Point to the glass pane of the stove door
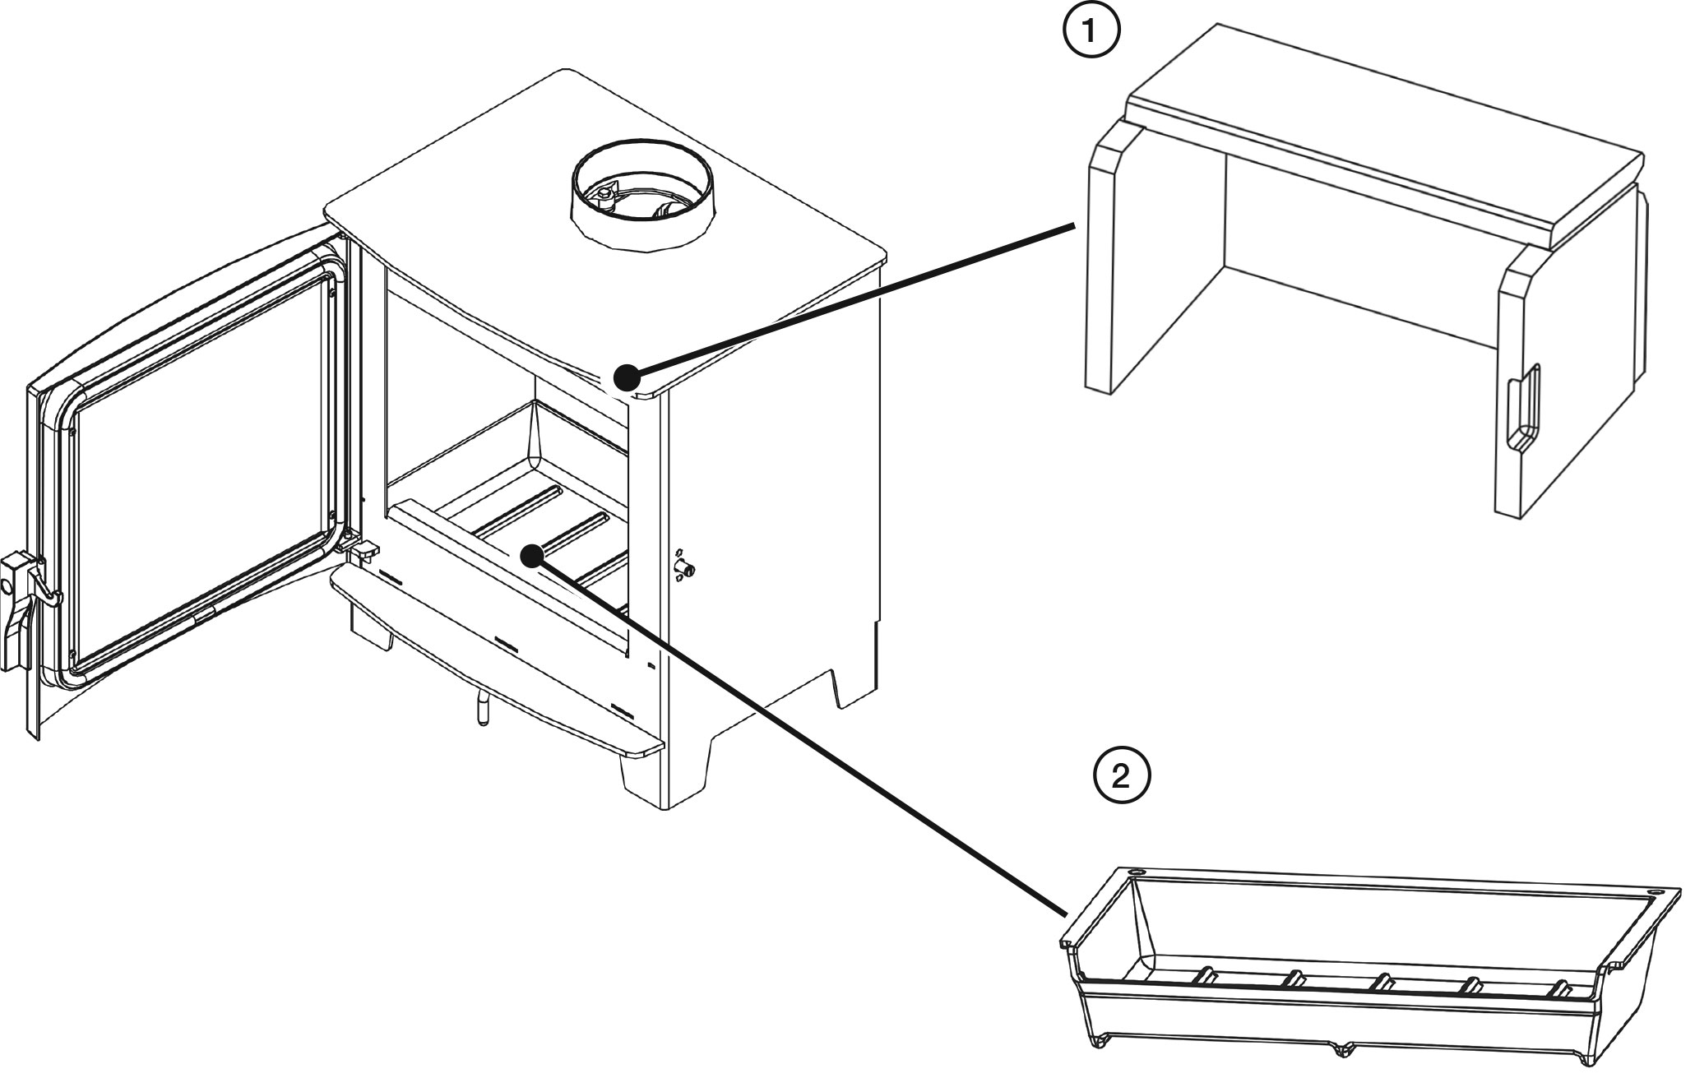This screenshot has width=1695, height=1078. (201, 456)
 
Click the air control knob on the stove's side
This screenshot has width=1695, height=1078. (683, 567)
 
